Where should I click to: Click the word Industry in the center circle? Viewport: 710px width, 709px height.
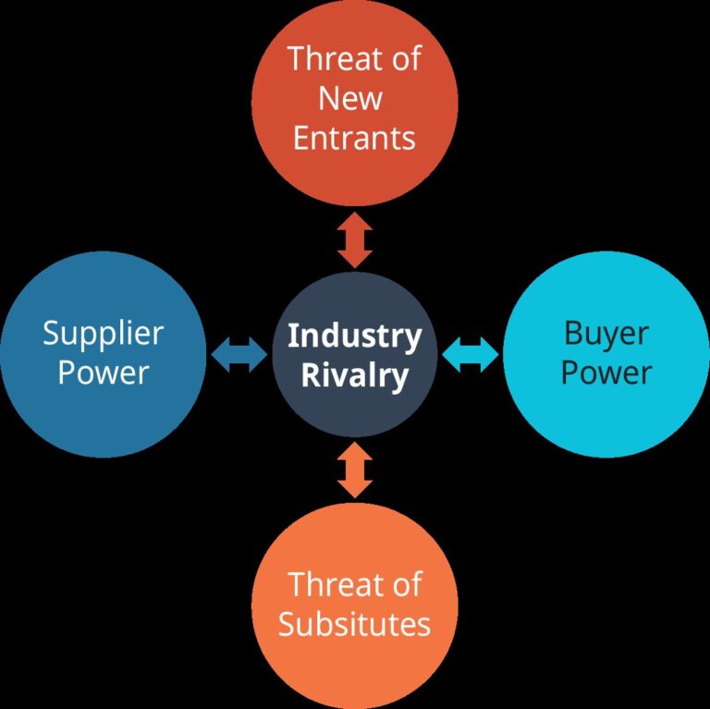(x=354, y=336)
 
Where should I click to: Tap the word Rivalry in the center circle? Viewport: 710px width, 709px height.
(x=354, y=375)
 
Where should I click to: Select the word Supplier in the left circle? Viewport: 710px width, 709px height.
(x=103, y=335)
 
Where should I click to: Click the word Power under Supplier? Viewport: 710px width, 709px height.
(x=103, y=373)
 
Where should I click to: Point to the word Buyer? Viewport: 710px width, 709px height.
(x=606, y=335)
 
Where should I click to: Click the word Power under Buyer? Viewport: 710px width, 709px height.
(x=606, y=373)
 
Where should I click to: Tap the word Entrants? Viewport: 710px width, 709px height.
(x=354, y=138)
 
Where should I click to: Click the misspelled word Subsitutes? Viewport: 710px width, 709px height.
(x=354, y=624)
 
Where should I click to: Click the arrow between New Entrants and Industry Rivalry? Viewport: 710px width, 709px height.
(x=354, y=238)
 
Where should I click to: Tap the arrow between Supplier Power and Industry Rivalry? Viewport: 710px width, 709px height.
(x=239, y=354)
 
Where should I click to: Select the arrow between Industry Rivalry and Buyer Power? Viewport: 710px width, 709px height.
(x=470, y=354)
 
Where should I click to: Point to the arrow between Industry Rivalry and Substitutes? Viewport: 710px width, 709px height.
(x=354, y=470)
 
